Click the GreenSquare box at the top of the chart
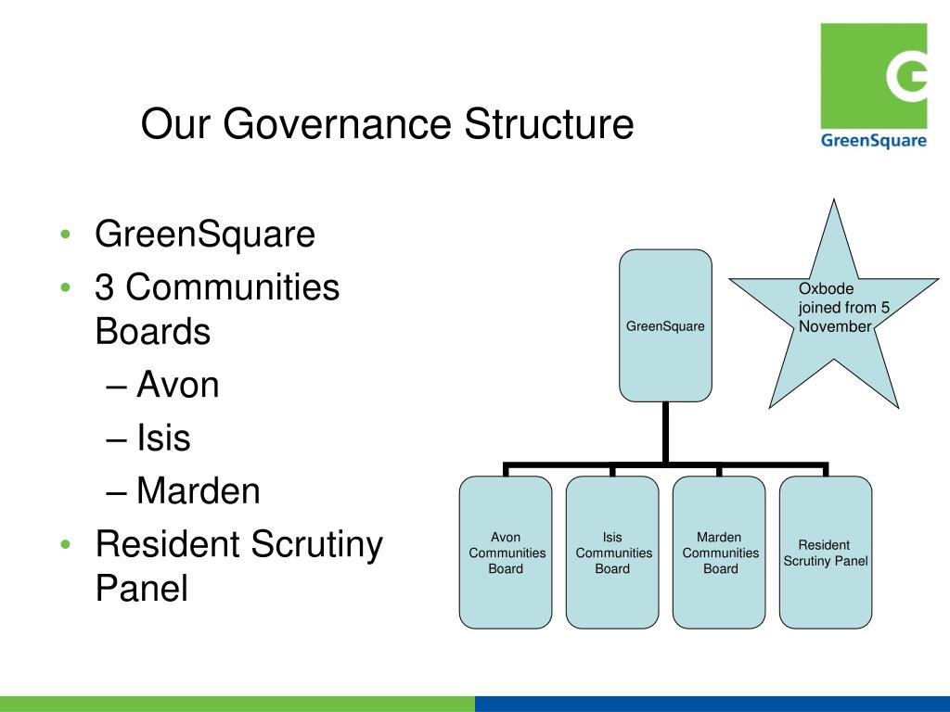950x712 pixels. (665, 325)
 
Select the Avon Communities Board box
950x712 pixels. (506, 553)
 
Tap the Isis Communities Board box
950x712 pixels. (612, 553)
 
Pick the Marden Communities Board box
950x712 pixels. (719, 553)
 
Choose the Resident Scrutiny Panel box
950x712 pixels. (826, 553)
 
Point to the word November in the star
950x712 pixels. (835, 326)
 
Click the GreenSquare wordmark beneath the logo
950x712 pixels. (873, 141)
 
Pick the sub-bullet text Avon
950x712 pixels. (177, 384)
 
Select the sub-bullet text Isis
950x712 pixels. (163, 438)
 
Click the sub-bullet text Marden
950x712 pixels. (198, 491)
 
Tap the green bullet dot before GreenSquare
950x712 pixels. (63, 235)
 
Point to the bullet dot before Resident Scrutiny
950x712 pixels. (63, 545)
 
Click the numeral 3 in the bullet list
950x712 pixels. (105, 288)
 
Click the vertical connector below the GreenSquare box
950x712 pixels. (665, 431)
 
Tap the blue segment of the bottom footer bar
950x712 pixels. (712, 704)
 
